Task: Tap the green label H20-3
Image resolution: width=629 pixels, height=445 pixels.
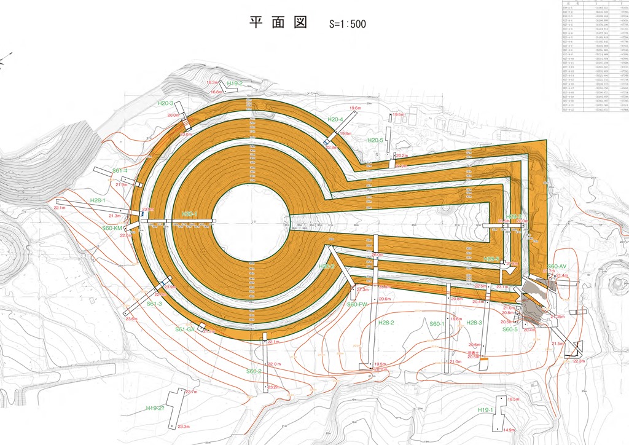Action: click(165, 103)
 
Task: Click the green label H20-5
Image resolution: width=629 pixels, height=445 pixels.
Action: click(375, 140)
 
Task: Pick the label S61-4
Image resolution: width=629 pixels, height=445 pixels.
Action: click(120, 170)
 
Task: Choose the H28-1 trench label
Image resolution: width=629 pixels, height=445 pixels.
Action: click(98, 200)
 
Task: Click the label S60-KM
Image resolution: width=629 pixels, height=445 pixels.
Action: click(112, 227)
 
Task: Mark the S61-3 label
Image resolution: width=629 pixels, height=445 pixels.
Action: click(154, 304)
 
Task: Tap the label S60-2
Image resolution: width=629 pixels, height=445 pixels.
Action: click(254, 371)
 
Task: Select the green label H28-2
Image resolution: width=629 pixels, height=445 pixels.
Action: click(386, 323)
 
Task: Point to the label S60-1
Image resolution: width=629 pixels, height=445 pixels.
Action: click(437, 323)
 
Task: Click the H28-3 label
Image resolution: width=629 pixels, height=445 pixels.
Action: click(474, 323)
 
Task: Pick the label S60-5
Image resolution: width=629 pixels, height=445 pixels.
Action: click(510, 329)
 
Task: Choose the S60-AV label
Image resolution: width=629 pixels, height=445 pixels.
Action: click(557, 266)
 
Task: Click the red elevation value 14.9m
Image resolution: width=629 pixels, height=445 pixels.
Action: click(509, 430)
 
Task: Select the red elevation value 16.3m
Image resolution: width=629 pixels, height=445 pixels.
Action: click(213, 82)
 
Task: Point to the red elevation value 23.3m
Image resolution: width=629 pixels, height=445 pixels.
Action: click(184, 427)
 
